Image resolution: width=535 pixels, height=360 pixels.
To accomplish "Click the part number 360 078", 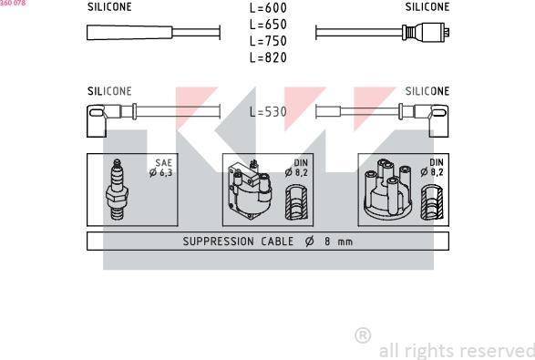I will point(13,4).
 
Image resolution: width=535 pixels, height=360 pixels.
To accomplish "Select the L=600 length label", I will point(268,8).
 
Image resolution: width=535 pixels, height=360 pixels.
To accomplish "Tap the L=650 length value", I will point(268,25).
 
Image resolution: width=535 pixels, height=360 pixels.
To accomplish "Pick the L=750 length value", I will point(268,41).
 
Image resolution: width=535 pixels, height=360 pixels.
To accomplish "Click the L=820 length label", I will point(268,57).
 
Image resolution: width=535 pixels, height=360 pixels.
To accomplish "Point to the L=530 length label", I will point(268,113).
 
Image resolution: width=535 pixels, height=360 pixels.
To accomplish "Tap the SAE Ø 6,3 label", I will point(161,168).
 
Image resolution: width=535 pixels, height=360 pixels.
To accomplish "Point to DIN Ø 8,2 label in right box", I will point(431,168).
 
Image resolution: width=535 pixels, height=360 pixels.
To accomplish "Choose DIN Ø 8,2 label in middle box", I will point(296,168).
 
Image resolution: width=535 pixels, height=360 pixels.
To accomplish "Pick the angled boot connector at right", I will point(432,116).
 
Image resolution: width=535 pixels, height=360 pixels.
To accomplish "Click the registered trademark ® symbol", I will point(362,335).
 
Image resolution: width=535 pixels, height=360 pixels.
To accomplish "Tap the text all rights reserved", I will point(456,350).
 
